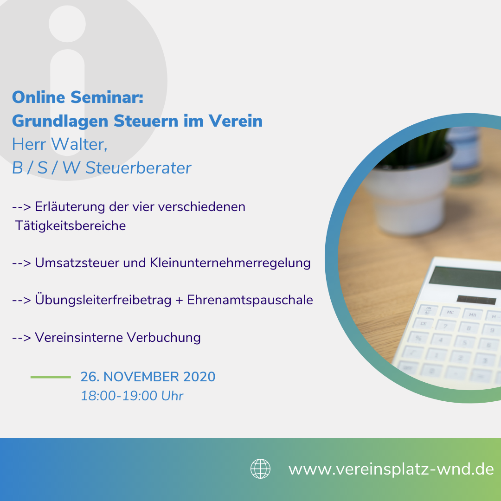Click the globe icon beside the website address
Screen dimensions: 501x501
[260, 469]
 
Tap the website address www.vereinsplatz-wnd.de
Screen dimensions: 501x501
[391, 469]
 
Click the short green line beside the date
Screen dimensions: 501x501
[51, 377]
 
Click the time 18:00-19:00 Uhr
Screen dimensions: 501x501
[132, 396]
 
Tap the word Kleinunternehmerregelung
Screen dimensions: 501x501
[230, 263]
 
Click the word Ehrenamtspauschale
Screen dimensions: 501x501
[250, 300]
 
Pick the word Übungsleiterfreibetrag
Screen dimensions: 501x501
[103, 300]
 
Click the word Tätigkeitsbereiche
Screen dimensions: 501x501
[71, 225]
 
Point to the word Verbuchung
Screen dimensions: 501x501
[164, 337]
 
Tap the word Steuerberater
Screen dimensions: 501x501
[138, 168]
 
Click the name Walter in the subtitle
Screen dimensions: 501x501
[79, 144]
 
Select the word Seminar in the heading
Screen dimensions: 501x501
[107, 97]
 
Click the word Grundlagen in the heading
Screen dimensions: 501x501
[60, 121]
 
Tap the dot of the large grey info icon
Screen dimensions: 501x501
[67, 24]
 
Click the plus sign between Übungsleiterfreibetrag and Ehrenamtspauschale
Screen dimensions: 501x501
[179, 300]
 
